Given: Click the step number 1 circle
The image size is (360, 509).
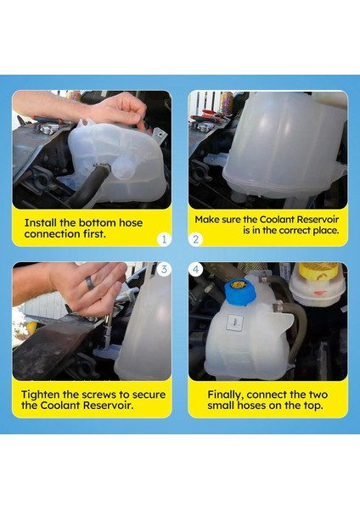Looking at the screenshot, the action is click(164, 239).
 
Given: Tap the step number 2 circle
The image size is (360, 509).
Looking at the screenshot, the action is click(195, 239).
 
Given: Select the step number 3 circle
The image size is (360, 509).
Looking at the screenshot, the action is click(164, 269).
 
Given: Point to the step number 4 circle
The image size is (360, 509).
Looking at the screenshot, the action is click(195, 269).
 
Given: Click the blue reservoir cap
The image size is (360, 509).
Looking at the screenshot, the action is click(239, 291).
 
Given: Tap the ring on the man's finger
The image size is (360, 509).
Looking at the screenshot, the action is click(90, 283).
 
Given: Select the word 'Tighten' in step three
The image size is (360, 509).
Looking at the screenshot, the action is click(41, 394).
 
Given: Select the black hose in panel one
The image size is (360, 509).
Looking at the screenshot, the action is click(86, 186).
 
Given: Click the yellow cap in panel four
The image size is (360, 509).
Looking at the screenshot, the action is click(318, 271).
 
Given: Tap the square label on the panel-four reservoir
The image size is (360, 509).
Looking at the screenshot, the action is click(234, 322).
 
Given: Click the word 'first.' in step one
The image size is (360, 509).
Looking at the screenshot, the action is click(94, 234).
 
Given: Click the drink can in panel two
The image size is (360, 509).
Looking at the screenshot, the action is click(226, 101).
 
